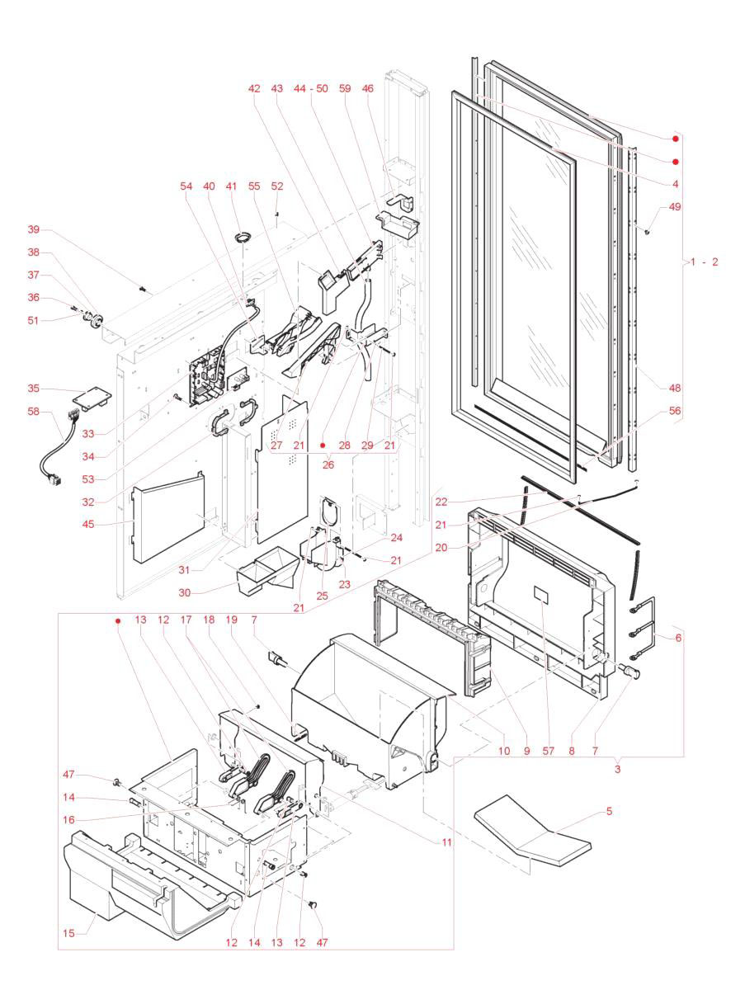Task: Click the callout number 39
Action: [34, 229]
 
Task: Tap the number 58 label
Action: [34, 410]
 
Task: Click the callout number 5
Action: [609, 811]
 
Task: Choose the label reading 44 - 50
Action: [311, 88]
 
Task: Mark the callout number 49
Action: [676, 207]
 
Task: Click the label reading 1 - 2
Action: [704, 262]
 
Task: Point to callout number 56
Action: [676, 410]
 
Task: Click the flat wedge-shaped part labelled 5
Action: [535, 833]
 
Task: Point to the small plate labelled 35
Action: [88, 398]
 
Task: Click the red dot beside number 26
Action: [323, 445]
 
